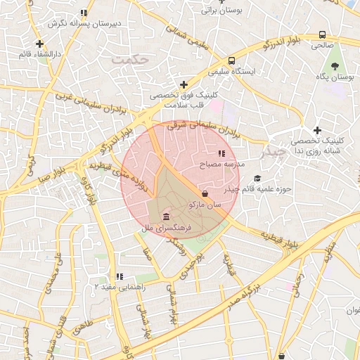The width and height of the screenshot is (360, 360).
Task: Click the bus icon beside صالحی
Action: (322, 34)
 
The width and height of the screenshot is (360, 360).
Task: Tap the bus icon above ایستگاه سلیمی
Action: (232, 61)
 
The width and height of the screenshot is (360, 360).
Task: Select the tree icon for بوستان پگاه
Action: (335, 65)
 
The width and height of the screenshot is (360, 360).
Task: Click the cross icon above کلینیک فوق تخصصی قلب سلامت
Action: (184, 85)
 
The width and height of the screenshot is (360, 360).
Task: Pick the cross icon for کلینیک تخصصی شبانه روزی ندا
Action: (318, 130)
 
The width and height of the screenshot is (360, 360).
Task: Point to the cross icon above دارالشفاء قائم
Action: (49, 43)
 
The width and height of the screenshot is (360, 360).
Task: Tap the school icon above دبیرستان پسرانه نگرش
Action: (84, 13)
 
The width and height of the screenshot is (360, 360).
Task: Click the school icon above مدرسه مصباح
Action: (221, 153)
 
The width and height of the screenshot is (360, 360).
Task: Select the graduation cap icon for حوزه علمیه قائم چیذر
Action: (257, 179)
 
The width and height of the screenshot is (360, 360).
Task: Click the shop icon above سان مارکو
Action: (205, 193)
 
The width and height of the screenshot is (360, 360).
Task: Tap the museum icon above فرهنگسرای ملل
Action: (166, 216)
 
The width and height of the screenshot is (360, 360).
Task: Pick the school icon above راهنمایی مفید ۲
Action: (119, 276)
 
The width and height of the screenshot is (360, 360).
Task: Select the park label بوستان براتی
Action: (221, 11)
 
